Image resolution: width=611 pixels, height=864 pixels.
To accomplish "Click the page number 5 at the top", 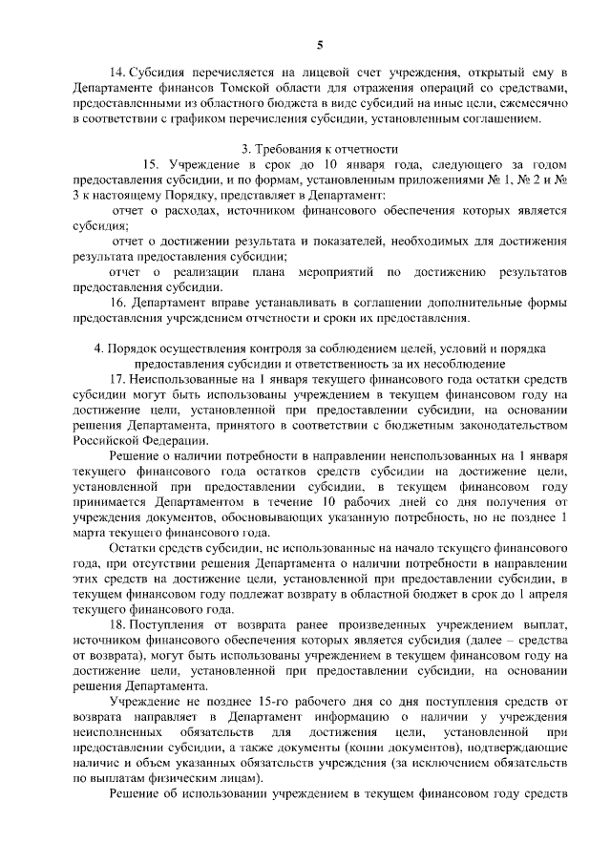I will (320, 44).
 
